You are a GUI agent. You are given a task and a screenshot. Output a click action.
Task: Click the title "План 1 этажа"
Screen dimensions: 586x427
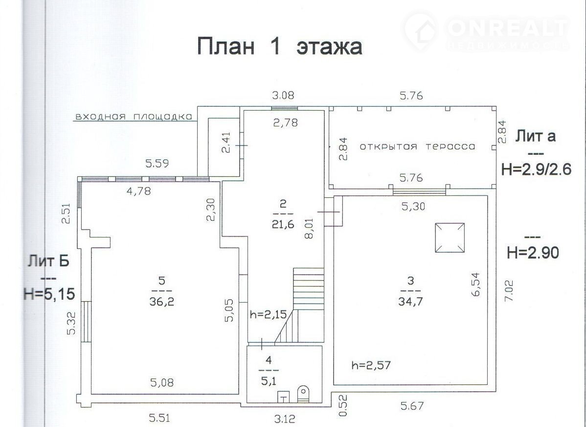coord(279,47)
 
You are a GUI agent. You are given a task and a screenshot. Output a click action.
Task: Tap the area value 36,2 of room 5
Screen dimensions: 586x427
coord(162,302)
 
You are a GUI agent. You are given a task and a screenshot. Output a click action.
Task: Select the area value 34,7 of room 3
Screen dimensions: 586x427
coord(410,302)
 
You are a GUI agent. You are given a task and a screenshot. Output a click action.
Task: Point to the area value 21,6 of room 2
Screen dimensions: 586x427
coord(283,225)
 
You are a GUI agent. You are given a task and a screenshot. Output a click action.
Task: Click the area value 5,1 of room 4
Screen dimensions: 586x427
coord(269,381)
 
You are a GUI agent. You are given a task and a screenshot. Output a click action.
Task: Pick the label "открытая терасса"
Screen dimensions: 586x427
coord(417,146)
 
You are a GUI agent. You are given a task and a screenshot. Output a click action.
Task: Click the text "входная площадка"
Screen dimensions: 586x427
coord(134,117)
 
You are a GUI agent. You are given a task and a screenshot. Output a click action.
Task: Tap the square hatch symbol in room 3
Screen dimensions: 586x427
coord(450,237)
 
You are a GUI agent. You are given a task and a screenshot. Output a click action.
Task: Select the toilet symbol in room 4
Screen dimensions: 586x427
coord(303,395)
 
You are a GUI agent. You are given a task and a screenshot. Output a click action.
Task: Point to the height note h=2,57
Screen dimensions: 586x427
coord(371,365)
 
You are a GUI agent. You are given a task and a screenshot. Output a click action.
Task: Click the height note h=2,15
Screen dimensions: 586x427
coord(269,314)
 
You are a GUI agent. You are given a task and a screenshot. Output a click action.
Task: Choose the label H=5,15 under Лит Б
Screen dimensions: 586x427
coord(49,294)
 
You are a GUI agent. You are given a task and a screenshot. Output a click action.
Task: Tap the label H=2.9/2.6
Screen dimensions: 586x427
coord(536,169)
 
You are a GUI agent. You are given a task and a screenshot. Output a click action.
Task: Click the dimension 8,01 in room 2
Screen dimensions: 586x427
coord(309,229)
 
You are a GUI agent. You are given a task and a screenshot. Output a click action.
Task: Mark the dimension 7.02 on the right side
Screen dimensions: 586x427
coord(509,291)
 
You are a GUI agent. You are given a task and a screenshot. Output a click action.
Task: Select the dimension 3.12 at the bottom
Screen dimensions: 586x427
coord(285,418)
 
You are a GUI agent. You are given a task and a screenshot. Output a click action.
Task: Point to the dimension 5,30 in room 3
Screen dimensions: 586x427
coord(413,206)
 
